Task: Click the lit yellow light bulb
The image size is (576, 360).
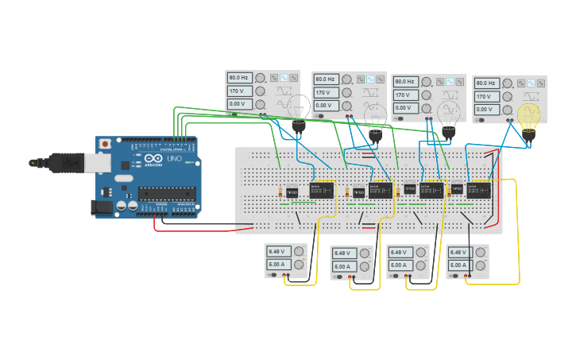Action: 528,116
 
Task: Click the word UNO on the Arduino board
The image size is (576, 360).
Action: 174,159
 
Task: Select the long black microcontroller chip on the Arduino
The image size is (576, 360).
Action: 168,193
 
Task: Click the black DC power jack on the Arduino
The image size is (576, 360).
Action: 102,207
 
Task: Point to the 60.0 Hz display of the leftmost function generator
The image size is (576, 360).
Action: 239,78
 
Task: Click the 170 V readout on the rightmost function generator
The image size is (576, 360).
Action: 486,96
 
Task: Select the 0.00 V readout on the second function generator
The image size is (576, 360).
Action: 326,106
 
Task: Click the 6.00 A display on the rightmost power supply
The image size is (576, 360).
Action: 459,265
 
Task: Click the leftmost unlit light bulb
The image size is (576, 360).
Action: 299,110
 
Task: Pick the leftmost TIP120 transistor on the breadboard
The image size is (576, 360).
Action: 292,192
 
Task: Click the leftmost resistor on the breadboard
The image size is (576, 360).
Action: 282,192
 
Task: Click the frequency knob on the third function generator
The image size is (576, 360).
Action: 428,81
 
